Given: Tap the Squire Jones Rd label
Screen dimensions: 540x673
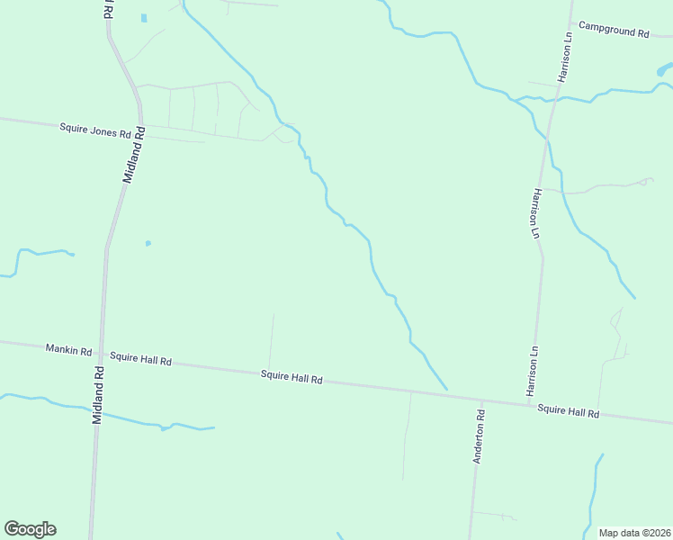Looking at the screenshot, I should click(95, 130).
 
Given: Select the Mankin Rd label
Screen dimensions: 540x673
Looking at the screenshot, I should click(69, 348).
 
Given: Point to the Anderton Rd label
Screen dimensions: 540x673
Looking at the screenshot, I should click(480, 437).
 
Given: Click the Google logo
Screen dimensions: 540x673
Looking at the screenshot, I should click(30, 529).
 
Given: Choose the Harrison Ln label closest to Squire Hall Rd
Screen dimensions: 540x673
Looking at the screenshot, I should click(533, 372).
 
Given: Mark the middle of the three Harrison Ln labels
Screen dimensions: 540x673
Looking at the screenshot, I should click(536, 213).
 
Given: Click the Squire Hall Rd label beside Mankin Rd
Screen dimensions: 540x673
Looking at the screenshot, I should click(141, 358).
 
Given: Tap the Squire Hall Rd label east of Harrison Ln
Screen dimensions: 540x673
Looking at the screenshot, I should click(569, 411).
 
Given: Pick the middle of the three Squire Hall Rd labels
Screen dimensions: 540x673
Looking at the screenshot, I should click(292, 378).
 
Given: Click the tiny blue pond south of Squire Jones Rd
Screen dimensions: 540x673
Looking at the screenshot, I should click(148, 242).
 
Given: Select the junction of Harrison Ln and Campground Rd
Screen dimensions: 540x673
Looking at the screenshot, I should click(570, 22).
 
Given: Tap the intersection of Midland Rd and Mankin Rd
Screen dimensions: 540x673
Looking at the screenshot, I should click(102, 352).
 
